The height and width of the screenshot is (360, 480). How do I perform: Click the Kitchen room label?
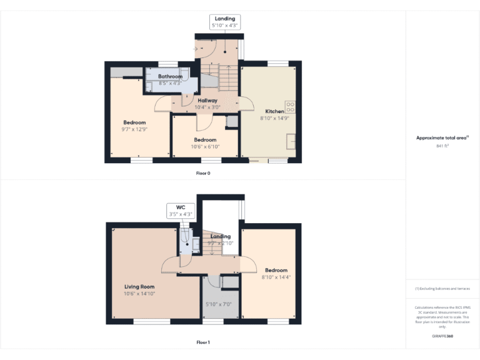[274, 111]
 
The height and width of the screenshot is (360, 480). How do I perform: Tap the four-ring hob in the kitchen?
[291, 106]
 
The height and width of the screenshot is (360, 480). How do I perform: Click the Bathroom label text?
[170, 76]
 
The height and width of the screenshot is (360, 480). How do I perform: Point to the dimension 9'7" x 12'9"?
[134, 129]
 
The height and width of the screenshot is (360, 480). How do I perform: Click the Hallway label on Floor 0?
[207, 100]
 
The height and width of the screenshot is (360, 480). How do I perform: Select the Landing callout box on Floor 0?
[225, 22]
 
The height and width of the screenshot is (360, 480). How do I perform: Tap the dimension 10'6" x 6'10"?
[205, 147]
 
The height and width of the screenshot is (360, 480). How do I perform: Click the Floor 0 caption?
[203, 173]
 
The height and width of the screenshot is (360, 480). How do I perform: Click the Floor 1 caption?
[203, 342]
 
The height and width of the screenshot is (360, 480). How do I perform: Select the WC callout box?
[181, 211]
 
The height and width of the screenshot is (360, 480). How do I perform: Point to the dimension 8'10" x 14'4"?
[276, 277]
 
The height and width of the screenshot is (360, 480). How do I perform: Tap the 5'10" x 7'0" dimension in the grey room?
[219, 304]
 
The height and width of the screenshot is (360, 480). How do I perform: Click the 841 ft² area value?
[442, 146]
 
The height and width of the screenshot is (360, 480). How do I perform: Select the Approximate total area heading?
[442, 137]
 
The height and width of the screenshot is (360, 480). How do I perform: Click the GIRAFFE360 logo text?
[442, 336]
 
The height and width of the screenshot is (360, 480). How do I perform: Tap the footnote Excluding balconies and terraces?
[442, 289]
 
